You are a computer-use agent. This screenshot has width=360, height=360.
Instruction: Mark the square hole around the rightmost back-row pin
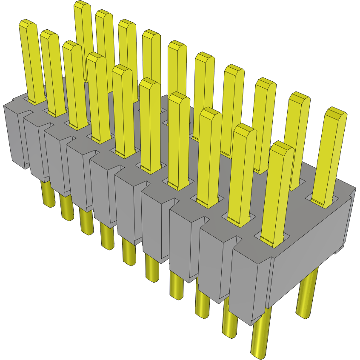pos(323,201)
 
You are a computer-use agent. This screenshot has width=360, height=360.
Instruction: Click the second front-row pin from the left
pos(54,72)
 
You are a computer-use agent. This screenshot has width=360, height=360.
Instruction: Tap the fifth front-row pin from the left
pos(124,111)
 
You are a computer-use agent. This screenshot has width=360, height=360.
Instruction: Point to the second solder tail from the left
pos(66,208)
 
